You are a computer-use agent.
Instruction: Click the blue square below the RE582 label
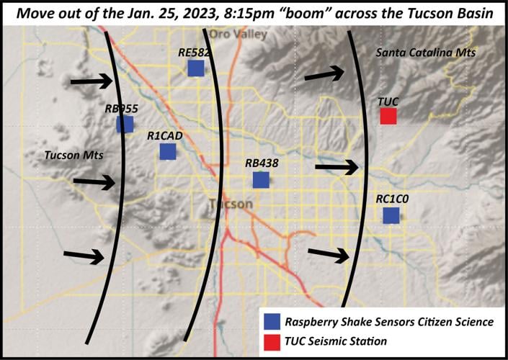195,68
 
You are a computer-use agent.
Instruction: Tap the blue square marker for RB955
125,124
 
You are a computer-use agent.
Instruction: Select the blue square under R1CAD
167,151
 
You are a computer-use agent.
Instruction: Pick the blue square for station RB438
260,179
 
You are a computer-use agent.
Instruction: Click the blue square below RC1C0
391,215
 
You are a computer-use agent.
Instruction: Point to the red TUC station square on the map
388,116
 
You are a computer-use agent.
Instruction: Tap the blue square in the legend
272,321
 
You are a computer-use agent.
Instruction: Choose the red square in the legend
272,340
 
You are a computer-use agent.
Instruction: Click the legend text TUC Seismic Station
336,340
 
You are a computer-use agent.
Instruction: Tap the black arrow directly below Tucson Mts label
94,183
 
